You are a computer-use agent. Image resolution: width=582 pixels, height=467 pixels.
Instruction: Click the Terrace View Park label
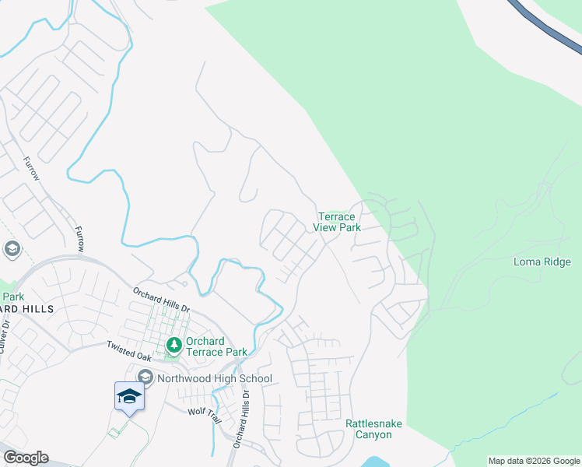tap(337, 222)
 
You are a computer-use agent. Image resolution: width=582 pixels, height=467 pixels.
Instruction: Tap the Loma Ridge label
tap(542, 262)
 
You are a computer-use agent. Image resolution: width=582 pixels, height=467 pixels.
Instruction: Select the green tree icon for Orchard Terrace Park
tap(174, 343)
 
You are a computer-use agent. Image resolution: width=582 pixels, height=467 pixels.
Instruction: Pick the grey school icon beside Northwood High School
tap(145, 378)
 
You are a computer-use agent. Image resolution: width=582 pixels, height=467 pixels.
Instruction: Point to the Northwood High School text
tap(214, 379)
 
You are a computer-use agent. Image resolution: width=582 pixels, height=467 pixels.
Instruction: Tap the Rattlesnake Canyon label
tap(373, 429)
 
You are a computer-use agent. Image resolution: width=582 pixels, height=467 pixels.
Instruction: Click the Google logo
tap(26, 458)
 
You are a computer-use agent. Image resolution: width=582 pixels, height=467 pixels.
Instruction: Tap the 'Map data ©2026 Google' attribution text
tap(533, 461)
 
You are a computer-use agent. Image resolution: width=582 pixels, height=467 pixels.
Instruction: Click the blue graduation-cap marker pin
tap(129, 397)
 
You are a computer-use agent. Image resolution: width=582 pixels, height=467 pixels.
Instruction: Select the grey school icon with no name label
tap(11, 249)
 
